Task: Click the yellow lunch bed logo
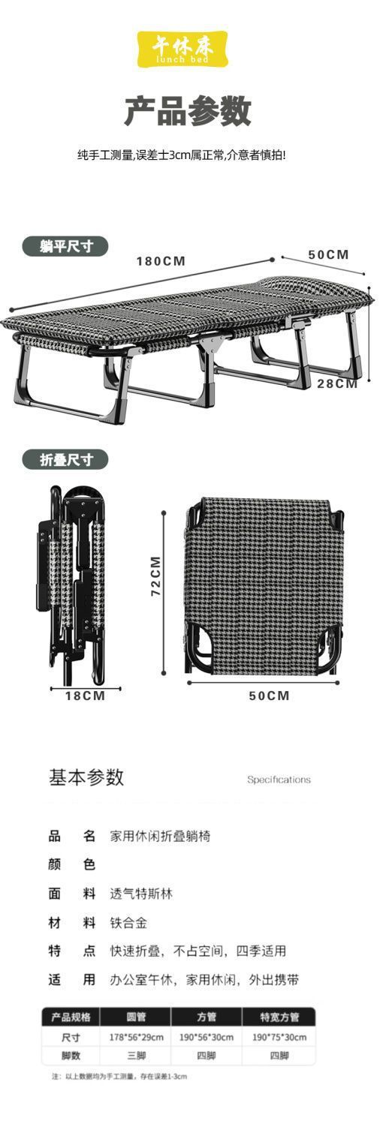tap(183, 49)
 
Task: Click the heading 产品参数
tap(188, 111)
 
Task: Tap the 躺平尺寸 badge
tap(66, 246)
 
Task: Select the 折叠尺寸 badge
tap(66, 460)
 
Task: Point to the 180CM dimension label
tap(161, 261)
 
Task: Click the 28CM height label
tap(337, 384)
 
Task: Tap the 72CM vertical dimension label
tap(155, 576)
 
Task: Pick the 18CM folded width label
tap(85, 696)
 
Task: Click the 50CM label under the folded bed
tap(269, 696)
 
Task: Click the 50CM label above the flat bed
tap(328, 254)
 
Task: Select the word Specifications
tap(279, 780)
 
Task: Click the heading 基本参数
tap(86, 777)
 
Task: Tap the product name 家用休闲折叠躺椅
tap(160, 837)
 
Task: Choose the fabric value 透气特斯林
tap(141, 894)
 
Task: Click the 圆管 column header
tap(136, 1017)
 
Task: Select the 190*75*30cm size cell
tap(279, 1037)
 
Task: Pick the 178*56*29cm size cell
tap(137, 1037)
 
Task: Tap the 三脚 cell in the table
tap(136, 1055)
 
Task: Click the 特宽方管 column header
tap(279, 1017)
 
